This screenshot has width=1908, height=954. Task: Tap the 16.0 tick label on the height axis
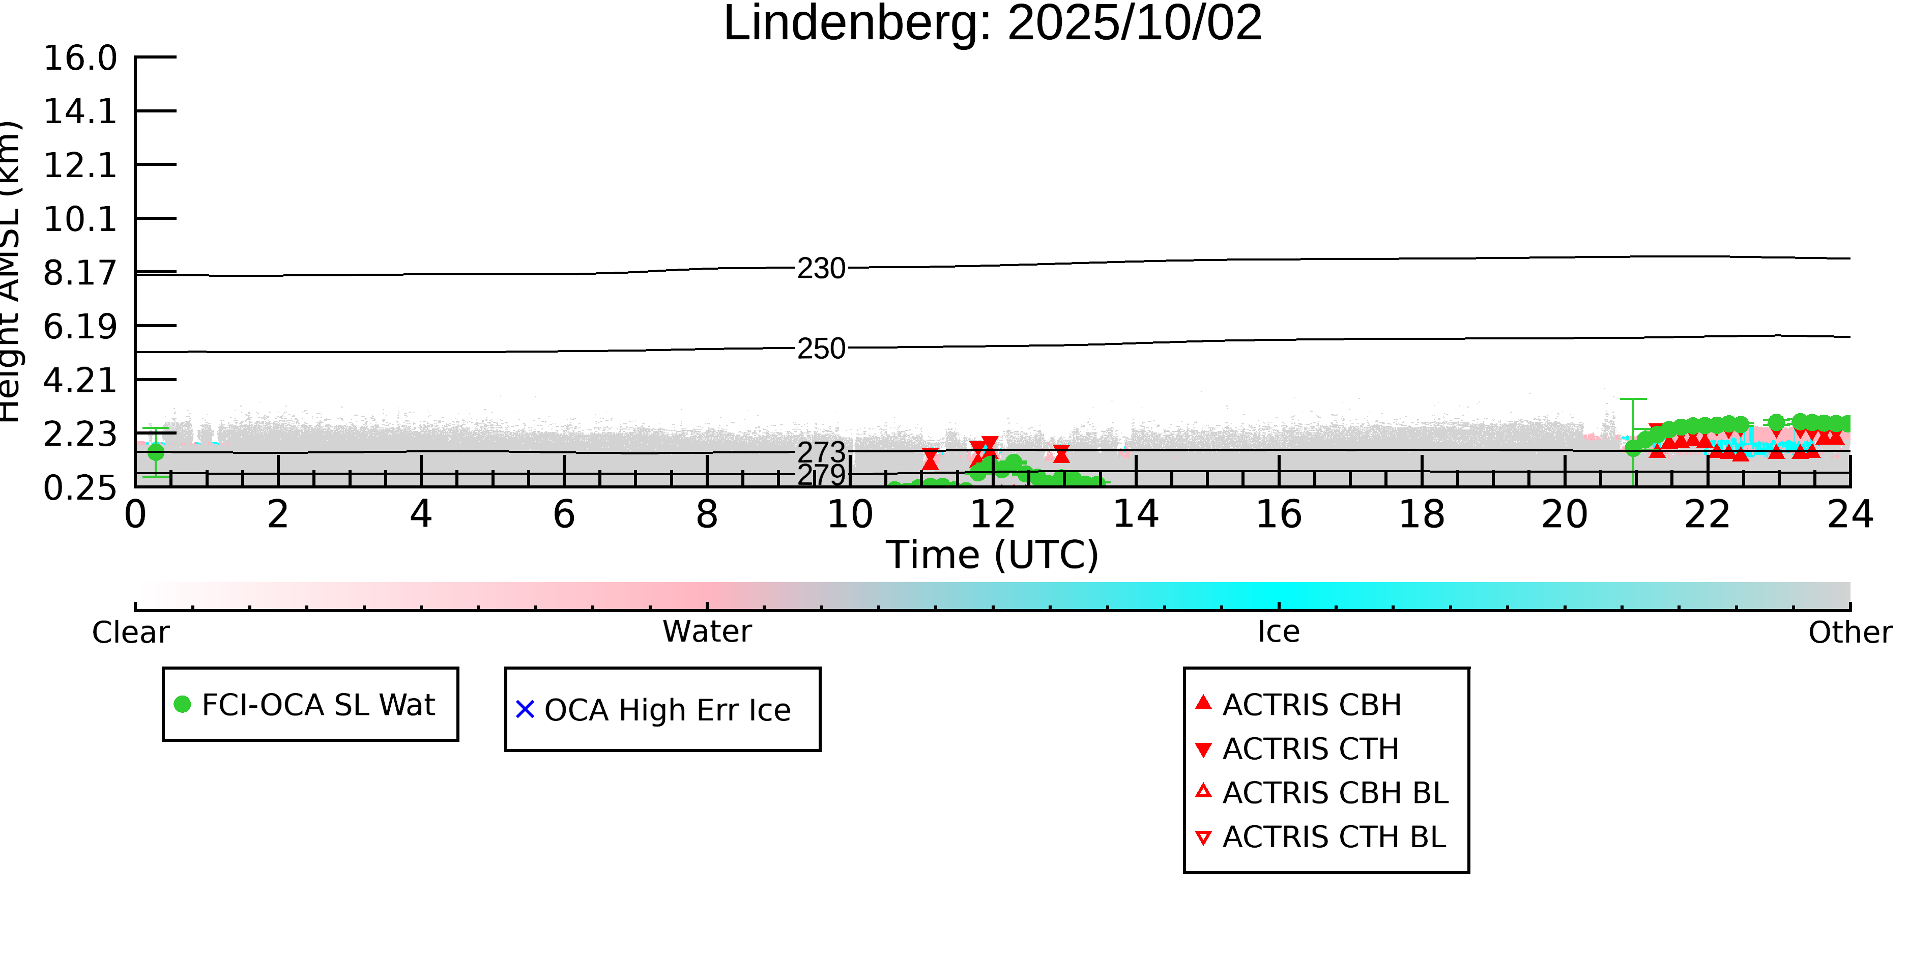pyautogui.click(x=80, y=58)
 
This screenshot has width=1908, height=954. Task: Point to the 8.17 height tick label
pyautogui.click(x=80, y=273)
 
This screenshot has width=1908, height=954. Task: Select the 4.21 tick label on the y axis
pyautogui.click(x=80, y=380)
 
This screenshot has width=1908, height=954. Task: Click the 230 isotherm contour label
pyautogui.click(x=821, y=268)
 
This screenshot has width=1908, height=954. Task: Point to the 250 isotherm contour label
pyautogui.click(x=821, y=348)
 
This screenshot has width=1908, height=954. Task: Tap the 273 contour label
pyautogui.click(x=821, y=451)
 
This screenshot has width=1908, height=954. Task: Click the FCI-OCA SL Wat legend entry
pyautogui.click(x=318, y=704)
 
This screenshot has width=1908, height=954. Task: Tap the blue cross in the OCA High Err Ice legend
pyautogui.click(x=525, y=710)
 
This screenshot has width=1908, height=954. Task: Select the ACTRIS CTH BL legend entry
pyautogui.click(x=1333, y=837)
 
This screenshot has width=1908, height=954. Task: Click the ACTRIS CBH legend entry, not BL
pyautogui.click(x=1311, y=704)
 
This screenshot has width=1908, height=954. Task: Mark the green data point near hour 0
pyautogui.click(x=156, y=452)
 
